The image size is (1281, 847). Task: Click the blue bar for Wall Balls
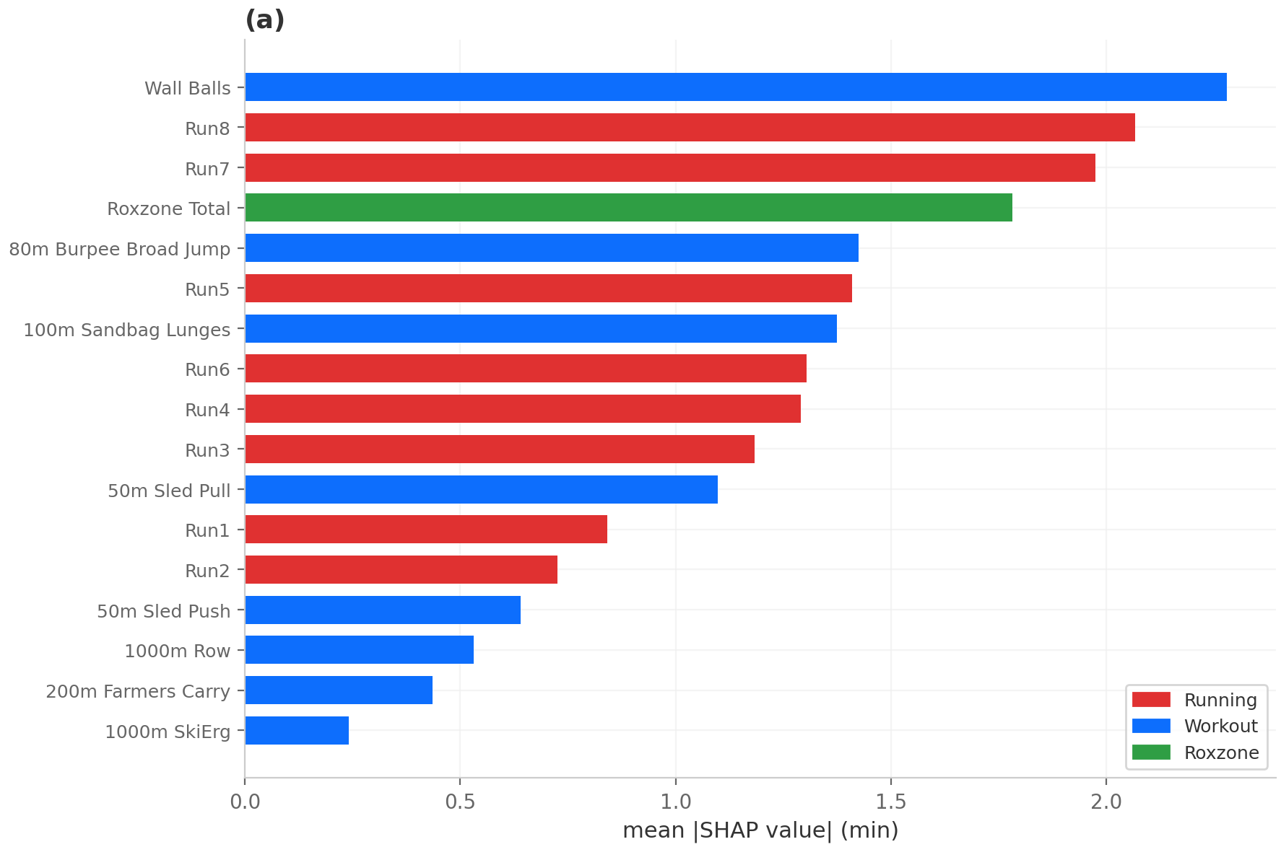coord(735,87)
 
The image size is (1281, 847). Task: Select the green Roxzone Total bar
coord(628,208)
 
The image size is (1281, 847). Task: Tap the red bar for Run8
coord(690,128)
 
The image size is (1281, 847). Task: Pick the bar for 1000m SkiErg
coord(297,730)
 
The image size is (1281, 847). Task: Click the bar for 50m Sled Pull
coord(481,489)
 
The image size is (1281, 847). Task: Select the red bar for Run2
coord(401,570)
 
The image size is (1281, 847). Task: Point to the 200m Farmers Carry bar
coord(339,690)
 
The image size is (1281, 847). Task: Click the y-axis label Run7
coord(207,169)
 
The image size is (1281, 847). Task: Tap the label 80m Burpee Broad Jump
coord(120,250)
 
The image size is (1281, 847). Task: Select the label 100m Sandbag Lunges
coord(127,330)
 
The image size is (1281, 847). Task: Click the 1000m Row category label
coord(178,651)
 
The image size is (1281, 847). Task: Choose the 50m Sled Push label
coord(164,611)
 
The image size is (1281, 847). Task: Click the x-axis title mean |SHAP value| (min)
coord(760,830)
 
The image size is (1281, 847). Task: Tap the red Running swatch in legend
coord(1151,700)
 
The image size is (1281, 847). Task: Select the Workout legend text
coord(1220,726)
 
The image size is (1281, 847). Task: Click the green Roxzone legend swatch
coord(1151,752)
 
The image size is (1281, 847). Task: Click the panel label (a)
coord(265,20)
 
